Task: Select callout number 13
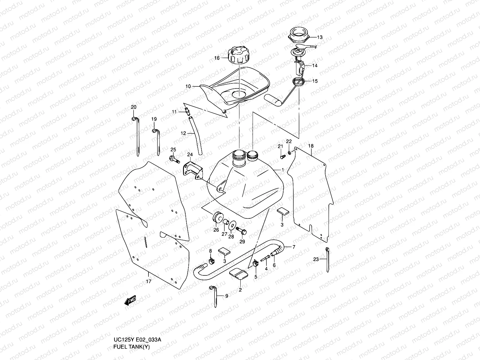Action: click(319, 37)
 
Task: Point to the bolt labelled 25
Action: click(174, 159)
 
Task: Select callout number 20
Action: click(134, 107)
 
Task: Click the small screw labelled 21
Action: click(282, 156)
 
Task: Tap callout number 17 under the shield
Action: click(148, 281)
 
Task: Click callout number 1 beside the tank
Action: click(282, 170)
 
